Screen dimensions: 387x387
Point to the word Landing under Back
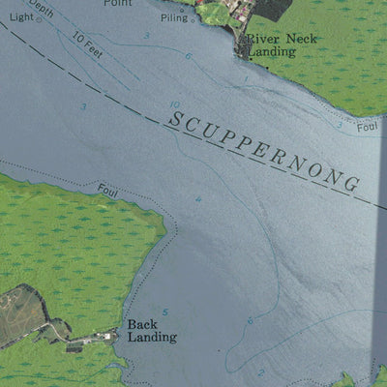point(152,337)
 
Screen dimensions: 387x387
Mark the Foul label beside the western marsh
point(108,191)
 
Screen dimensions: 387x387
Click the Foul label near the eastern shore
point(366,127)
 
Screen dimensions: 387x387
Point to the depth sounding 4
point(199,200)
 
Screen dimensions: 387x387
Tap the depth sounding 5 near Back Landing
point(165,312)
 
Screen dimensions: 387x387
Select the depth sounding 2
point(259,372)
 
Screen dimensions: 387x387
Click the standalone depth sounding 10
point(173,104)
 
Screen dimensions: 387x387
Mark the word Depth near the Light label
point(41,10)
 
